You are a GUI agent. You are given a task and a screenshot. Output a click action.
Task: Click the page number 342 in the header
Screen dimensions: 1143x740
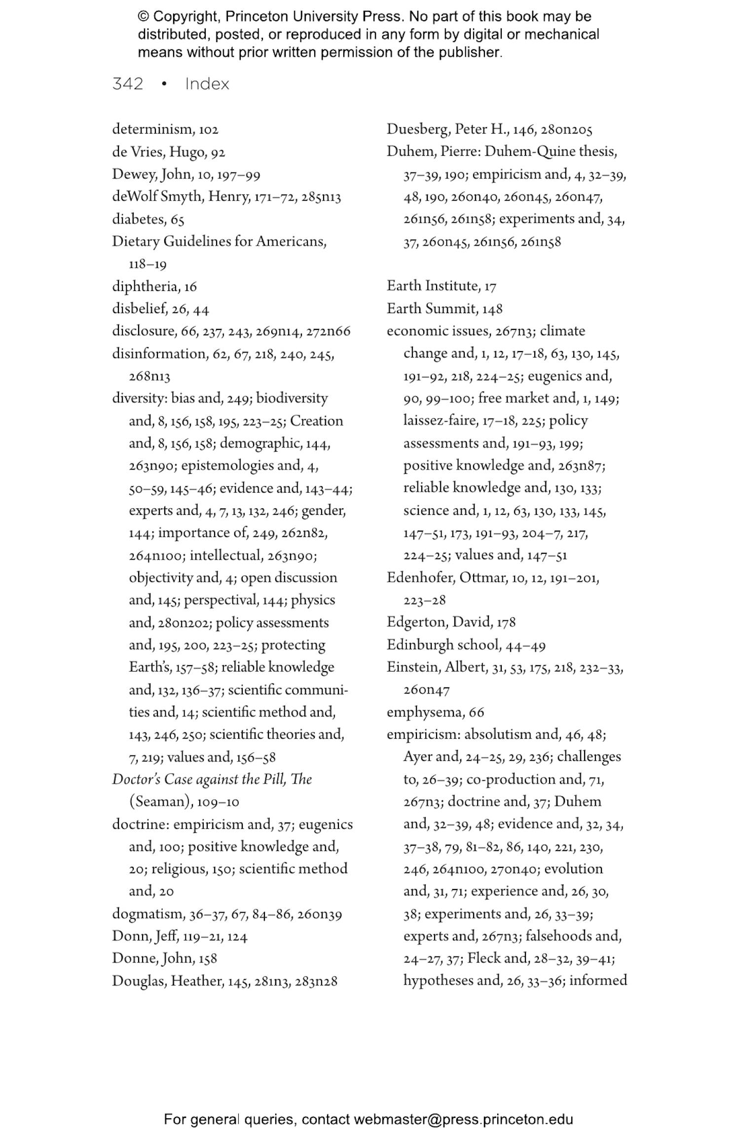(x=128, y=84)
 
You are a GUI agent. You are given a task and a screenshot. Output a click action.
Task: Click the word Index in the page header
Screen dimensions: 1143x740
(x=207, y=84)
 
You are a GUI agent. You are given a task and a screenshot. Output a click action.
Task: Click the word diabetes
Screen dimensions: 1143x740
(x=138, y=219)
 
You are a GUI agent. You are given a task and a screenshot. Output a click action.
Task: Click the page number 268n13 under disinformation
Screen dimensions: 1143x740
(x=149, y=377)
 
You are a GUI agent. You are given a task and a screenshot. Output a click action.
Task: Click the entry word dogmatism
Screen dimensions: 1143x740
(x=147, y=914)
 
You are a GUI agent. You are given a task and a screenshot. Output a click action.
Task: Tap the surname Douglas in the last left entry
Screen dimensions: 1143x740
(x=139, y=981)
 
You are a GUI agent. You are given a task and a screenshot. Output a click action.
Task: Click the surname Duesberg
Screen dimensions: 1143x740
(x=417, y=129)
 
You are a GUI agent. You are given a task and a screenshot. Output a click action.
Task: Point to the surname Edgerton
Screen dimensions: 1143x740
(x=417, y=622)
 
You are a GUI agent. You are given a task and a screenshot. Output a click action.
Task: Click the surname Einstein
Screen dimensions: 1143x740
(x=413, y=667)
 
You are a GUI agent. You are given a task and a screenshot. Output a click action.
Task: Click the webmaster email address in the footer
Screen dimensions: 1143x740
(x=463, y=1119)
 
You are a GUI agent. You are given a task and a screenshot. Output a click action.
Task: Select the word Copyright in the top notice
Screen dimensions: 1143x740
(x=185, y=17)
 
